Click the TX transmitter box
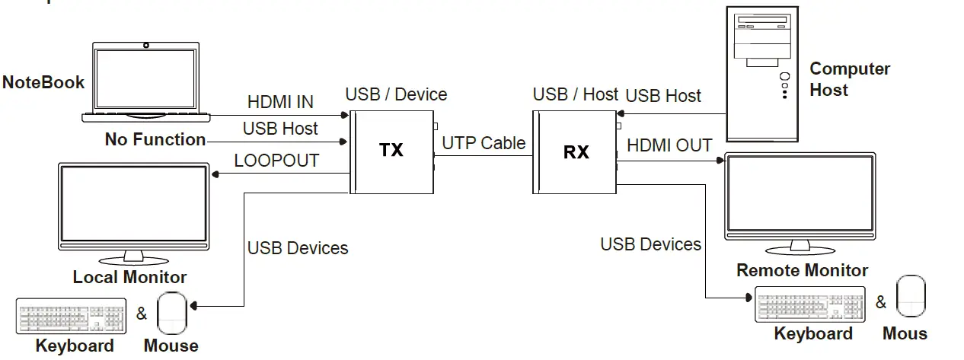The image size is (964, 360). coord(391,151)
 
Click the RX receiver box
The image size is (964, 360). coord(575,151)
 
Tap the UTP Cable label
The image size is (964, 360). coord(484,142)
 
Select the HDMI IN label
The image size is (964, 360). coord(280,102)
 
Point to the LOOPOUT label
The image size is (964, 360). coord(276,161)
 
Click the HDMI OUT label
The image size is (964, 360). coord(669,145)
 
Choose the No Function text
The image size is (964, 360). coord(155,139)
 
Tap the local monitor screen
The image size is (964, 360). coord(134,205)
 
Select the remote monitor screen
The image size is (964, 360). coord(799,196)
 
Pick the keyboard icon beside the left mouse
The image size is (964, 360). coord(71,316)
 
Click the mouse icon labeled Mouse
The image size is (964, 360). coord(171,312)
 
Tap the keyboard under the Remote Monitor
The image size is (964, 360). coord(810,304)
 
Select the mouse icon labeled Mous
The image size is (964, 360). coord(911,296)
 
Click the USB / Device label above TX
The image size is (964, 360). coord(396,94)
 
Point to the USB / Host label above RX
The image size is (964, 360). coord(575,94)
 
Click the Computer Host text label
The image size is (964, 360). coord(849,79)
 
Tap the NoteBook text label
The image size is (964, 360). coord(43,82)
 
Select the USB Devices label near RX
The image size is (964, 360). coord(650,244)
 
